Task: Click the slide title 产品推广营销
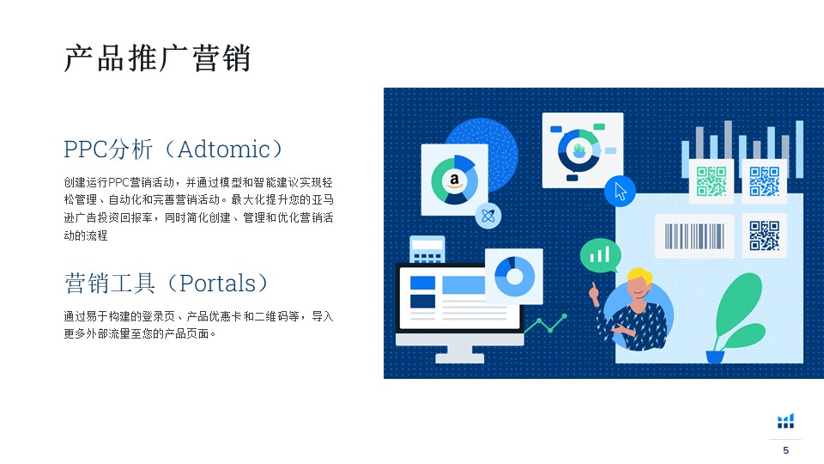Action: tap(157, 58)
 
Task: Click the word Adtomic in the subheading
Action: tap(224, 150)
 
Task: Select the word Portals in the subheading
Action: tap(217, 283)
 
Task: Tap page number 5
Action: tap(785, 450)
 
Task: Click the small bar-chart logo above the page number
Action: tap(785, 421)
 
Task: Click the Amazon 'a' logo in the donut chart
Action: tap(454, 180)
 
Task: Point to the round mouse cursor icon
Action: tap(620, 191)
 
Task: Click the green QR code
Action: tap(712, 181)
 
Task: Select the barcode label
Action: tap(694, 235)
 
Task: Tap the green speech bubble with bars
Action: tap(600, 256)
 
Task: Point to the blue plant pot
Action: tap(715, 357)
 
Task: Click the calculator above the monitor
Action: tap(427, 249)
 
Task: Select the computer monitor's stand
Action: tap(460, 354)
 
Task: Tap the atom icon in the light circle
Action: tap(488, 216)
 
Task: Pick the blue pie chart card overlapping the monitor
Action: tap(514, 276)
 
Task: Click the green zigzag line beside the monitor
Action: tap(545, 324)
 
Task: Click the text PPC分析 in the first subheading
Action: tap(108, 150)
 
